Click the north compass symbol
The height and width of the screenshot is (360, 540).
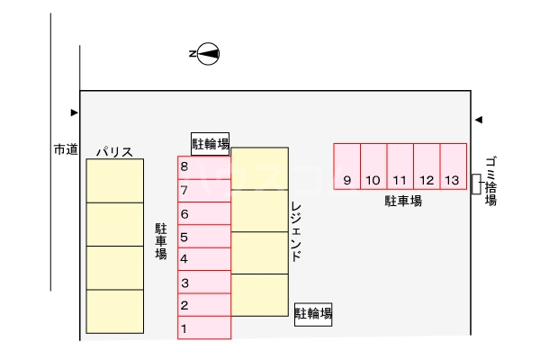[x=207, y=54]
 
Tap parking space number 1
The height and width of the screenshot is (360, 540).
[x=203, y=328]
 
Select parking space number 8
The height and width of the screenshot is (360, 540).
[x=203, y=167]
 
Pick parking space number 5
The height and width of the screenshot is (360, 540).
[x=203, y=237]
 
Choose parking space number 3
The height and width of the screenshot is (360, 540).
[x=203, y=283]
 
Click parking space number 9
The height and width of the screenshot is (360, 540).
[x=347, y=166]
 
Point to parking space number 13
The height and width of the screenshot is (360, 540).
[x=452, y=166]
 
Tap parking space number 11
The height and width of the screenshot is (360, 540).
[x=400, y=166]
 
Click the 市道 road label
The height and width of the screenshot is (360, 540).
[x=66, y=149]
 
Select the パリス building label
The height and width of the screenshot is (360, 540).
[x=115, y=151]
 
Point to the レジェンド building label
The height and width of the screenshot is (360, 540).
[x=296, y=231]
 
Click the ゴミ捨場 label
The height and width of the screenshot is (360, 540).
[x=490, y=181]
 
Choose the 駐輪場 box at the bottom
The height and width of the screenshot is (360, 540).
[x=314, y=313]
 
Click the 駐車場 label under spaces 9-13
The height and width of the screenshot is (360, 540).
[x=404, y=201]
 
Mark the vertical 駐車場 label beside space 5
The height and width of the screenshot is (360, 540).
[x=161, y=241]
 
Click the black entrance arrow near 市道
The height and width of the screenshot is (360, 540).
[x=75, y=112]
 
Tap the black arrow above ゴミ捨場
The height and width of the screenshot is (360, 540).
[x=479, y=119]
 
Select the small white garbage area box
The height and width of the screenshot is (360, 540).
[x=475, y=184]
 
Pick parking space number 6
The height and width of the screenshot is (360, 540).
[x=203, y=213]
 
